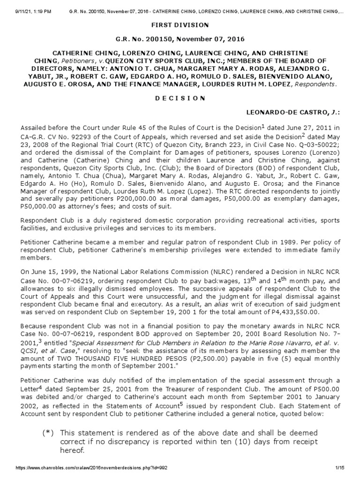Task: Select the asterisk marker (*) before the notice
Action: [47, 432]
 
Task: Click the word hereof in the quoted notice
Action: [73, 450]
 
